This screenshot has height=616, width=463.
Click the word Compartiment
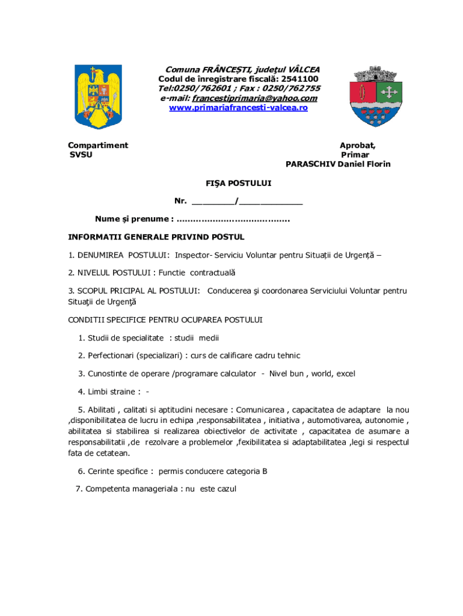click(98, 145)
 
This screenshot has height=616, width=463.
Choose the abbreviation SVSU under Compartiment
click(81, 155)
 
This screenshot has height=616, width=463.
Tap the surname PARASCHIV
click(310, 164)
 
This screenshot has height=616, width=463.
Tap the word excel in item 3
click(346, 374)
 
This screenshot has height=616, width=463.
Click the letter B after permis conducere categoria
click(265, 471)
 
